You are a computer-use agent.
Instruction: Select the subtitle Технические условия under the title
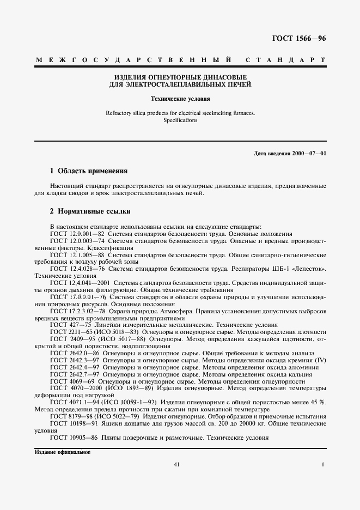(x=180, y=99)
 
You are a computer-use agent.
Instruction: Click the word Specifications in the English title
(x=180, y=120)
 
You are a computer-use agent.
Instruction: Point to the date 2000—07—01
(x=308, y=153)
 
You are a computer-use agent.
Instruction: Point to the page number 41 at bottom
(x=176, y=464)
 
